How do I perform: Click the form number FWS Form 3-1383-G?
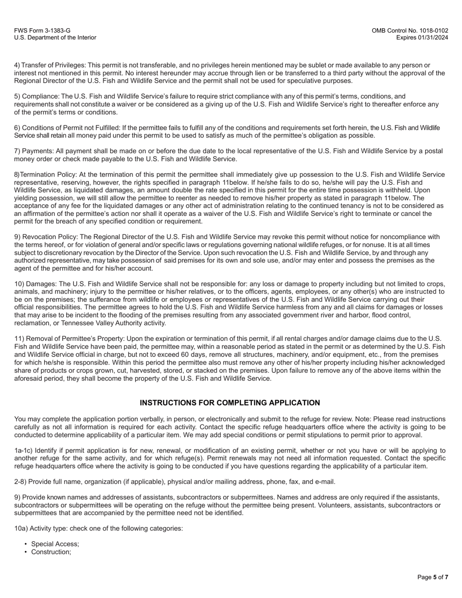coord(42,31)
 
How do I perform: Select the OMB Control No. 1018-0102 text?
coord(409,31)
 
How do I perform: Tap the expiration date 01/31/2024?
coord(432,37)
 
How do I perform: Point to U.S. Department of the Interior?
coord(55,37)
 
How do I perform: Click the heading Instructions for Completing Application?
coord(230,403)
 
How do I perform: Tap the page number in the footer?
coord(432,577)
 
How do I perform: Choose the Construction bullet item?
coord(51,552)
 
